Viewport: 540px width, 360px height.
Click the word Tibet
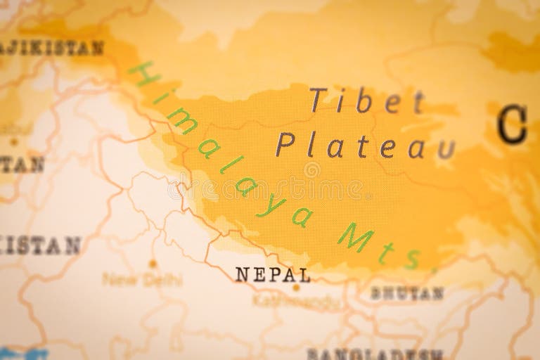[x=367, y=101]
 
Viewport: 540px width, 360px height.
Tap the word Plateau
[x=365, y=146]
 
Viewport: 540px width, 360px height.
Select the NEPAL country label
[x=272, y=274]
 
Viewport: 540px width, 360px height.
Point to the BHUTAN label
[x=407, y=293]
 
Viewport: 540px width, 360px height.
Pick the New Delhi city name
[x=143, y=280]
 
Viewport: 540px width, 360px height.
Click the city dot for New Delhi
[x=152, y=264]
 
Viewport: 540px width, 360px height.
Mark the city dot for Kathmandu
[x=296, y=287]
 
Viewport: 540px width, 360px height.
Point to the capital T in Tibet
[x=319, y=99]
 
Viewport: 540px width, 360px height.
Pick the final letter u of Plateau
[x=446, y=148]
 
